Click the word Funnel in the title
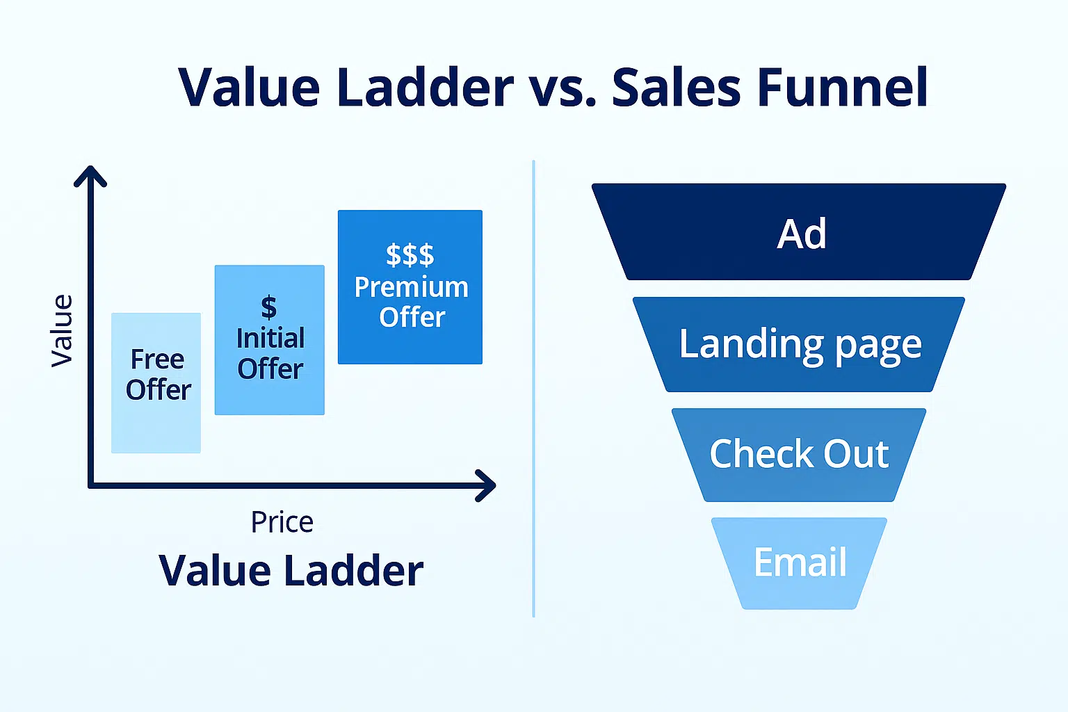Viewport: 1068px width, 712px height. (x=843, y=87)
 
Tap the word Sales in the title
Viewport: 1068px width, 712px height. (x=677, y=87)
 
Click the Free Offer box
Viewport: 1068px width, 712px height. (x=156, y=383)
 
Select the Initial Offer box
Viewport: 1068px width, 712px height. (x=269, y=340)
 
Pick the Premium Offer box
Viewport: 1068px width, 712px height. (x=410, y=287)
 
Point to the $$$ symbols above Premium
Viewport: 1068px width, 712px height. (x=410, y=254)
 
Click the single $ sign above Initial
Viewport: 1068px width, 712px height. (x=269, y=307)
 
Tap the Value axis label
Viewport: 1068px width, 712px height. (x=62, y=331)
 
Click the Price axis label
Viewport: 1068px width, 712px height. (x=282, y=522)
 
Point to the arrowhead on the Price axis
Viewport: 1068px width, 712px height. (x=486, y=485)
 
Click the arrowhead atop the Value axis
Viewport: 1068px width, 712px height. (x=90, y=176)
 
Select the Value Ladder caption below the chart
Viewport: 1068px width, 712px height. (x=291, y=570)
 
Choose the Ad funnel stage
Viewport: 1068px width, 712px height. (x=799, y=232)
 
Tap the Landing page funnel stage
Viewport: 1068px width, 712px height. (x=799, y=344)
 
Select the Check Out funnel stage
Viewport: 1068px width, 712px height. (x=799, y=455)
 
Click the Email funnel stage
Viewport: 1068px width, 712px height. (x=799, y=563)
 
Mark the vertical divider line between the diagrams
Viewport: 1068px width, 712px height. (x=533, y=389)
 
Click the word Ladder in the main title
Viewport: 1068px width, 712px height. (x=425, y=87)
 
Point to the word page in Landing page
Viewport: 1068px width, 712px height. (x=879, y=347)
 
